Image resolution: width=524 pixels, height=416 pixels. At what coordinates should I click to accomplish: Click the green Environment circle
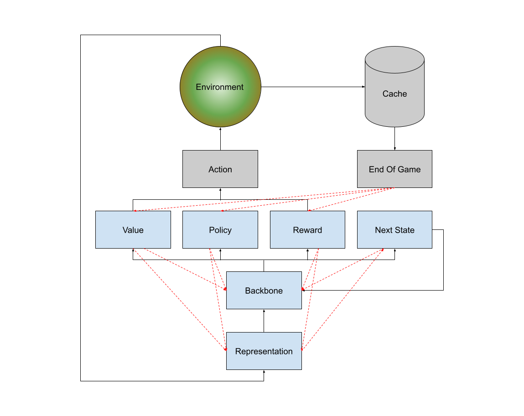click(220, 87)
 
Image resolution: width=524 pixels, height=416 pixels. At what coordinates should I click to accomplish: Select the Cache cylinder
click(394, 87)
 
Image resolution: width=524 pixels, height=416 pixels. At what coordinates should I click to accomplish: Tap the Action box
click(220, 169)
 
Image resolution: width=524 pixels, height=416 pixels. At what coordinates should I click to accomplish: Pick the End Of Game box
click(394, 169)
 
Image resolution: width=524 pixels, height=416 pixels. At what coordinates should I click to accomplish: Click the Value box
click(133, 229)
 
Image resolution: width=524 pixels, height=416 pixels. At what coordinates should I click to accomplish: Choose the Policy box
click(220, 229)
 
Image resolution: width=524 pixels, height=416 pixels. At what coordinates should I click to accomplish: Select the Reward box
click(307, 229)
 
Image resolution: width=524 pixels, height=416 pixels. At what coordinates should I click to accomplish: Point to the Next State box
click(394, 229)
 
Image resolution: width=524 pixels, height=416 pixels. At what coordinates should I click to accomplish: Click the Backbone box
click(264, 291)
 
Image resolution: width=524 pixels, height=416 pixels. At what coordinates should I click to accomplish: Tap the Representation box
click(264, 351)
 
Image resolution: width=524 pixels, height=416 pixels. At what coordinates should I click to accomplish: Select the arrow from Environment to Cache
click(313, 87)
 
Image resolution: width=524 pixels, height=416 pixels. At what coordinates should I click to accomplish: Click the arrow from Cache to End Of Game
click(394, 139)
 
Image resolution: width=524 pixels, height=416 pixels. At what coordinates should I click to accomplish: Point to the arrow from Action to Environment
click(220, 139)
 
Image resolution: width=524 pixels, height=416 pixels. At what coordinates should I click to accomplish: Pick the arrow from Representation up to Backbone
click(264, 321)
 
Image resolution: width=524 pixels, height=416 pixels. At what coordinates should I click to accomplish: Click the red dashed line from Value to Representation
click(180, 299)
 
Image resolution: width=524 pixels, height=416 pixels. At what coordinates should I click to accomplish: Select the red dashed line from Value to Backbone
click(186, 269)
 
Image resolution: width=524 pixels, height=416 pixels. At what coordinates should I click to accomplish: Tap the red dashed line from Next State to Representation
click(342, 299)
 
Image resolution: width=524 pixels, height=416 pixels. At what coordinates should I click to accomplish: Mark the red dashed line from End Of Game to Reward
click(351, 199)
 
